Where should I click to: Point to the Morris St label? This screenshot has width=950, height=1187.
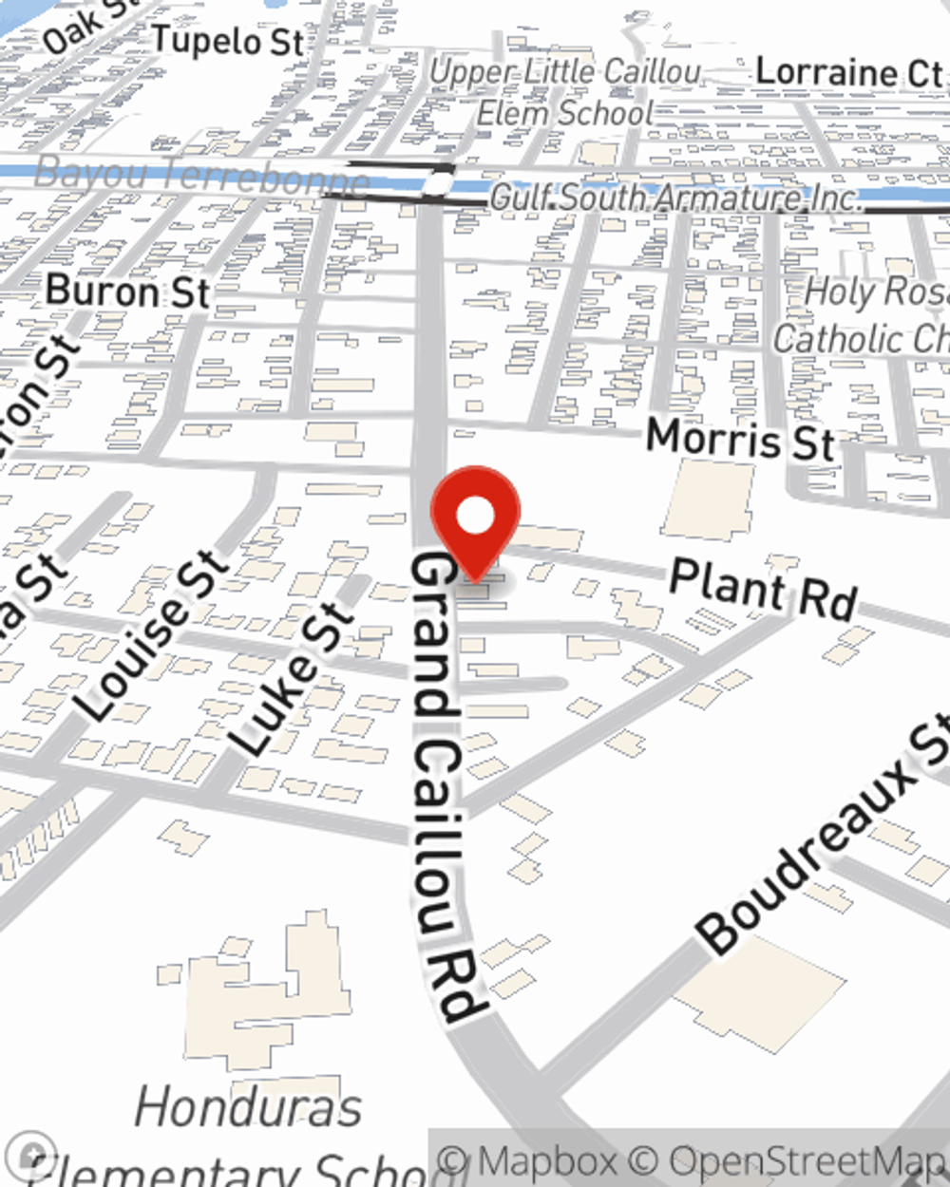[740, 440]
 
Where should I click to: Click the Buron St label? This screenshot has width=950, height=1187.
[127, 291]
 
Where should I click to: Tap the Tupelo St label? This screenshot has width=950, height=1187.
[228, 41]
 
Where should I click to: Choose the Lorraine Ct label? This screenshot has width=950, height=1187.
[848, 72]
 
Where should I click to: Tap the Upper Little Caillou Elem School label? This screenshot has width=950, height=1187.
[566, 92]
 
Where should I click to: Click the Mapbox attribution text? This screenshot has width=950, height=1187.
[531, 1161]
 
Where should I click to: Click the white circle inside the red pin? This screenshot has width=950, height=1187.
[475, 516]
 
